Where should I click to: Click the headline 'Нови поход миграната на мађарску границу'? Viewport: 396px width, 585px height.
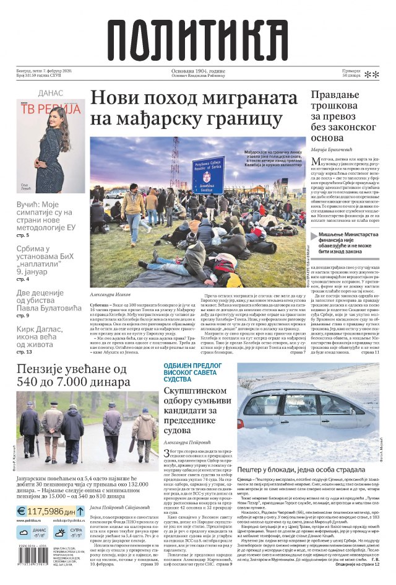(194, 107)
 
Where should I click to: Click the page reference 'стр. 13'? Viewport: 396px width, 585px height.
(24, 352)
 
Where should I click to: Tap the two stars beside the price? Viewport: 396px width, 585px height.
(371, 75)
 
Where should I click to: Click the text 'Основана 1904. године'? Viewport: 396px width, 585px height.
(198, 71)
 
